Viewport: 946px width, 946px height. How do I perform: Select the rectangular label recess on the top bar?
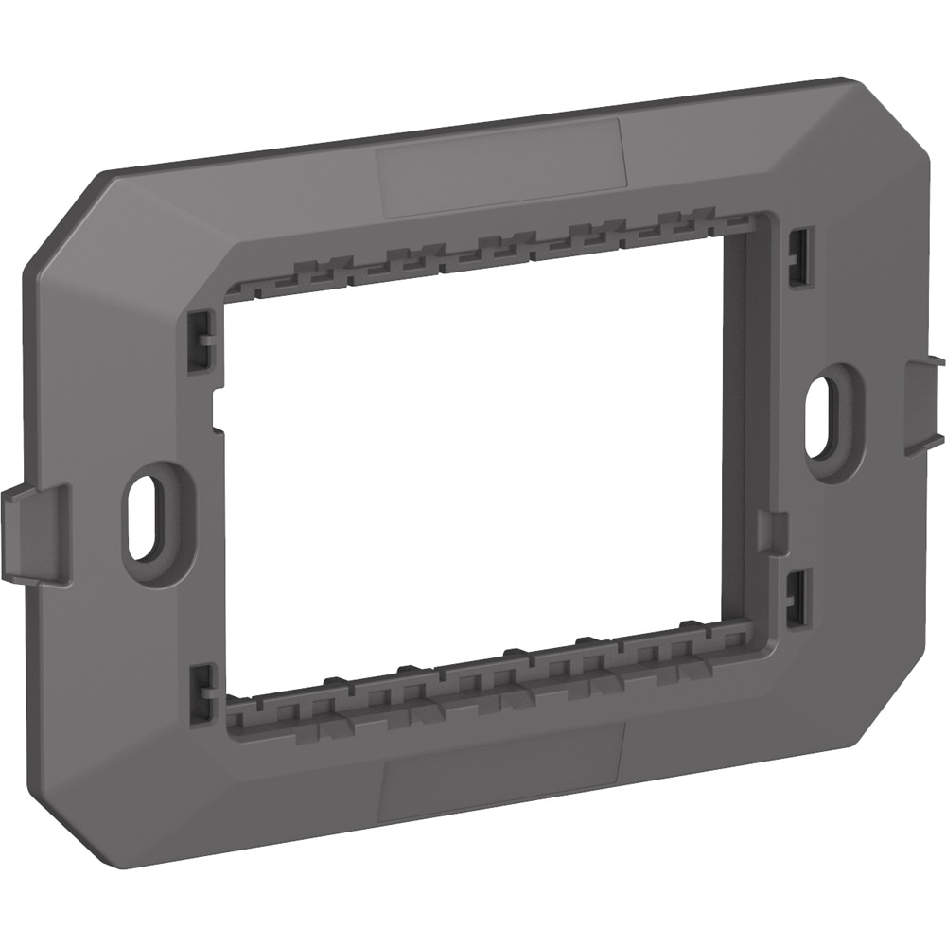[x=499, y=166]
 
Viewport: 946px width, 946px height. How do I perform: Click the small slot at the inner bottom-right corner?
[x=797, y=591]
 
